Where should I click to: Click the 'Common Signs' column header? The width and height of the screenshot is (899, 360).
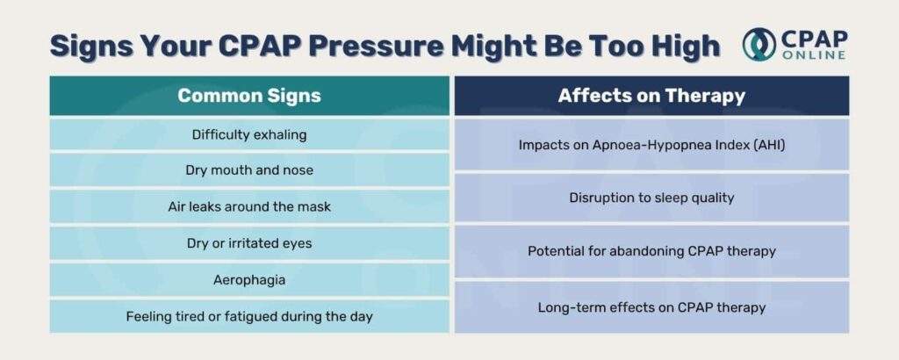pos(249,96)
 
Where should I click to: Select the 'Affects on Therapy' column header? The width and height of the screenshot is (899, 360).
pos(652,96)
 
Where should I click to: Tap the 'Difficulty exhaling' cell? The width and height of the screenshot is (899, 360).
pos(249,134)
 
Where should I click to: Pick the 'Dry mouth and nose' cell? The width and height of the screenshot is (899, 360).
pos(249,170)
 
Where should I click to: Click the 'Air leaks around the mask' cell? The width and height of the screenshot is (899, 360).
pos(249,206)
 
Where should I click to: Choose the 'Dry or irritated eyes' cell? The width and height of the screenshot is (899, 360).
pos(249,243)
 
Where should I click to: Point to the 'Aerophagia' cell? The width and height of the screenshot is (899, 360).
pos(249,280)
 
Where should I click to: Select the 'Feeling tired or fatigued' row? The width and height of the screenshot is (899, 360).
pos(249,316)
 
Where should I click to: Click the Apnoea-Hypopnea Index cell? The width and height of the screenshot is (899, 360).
pos(652,145)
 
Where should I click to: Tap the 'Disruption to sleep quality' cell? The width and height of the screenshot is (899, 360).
pos(652,198)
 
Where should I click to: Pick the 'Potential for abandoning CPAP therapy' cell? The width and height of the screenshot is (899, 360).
pos(652,251)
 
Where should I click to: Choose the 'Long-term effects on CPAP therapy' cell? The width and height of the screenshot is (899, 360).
pos(652,307)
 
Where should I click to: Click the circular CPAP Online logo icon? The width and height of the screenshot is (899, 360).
pos(759,44)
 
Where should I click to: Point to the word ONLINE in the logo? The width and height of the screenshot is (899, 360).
pos(814,55)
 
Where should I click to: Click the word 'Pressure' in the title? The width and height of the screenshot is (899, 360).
pos(376,46)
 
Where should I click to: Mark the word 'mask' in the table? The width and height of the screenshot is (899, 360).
pos(315,206)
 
